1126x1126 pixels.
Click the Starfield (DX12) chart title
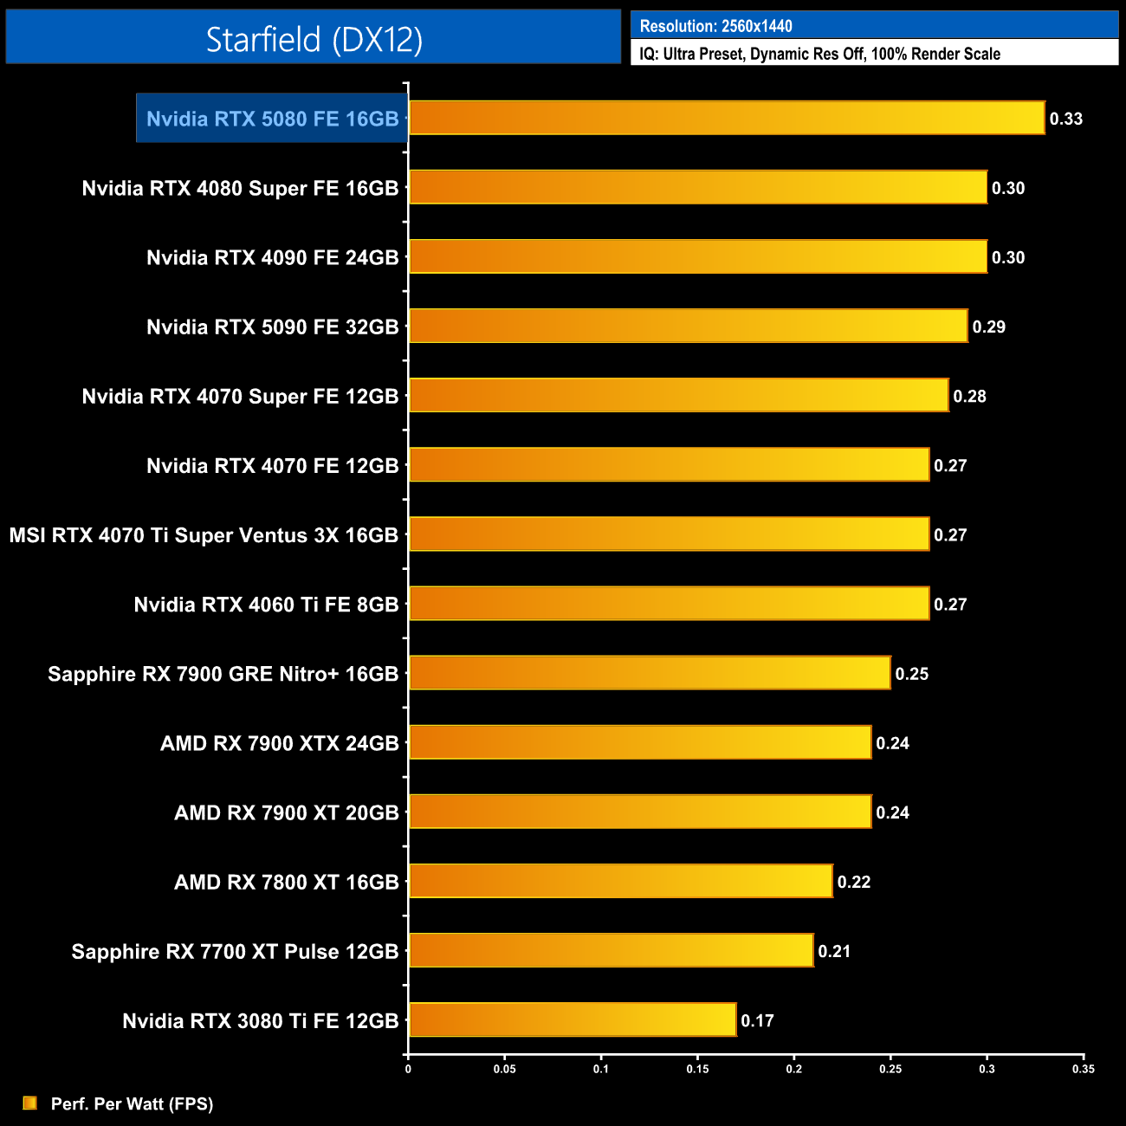(x=314, y=39)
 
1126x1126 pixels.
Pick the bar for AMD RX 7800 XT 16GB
(x=620, y=881)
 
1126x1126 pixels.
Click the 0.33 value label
(x=1065, y=119)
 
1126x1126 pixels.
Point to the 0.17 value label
(x=757, y=1020)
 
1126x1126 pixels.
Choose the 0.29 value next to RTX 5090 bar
(x=988, y=327)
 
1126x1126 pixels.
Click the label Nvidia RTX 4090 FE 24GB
(x=272, y=257)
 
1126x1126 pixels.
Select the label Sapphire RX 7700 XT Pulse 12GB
(x=235, y=951)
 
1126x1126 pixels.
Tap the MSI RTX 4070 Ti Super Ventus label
(x=204, y=535)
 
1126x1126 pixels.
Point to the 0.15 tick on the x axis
(x=697, y=1069)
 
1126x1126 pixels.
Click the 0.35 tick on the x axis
(x=1083, y=1069)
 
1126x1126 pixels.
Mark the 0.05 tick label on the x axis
(x=504, y=1069)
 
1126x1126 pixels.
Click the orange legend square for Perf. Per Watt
(x=30, y=1103)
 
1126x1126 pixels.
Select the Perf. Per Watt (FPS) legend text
(x=132, y=1103)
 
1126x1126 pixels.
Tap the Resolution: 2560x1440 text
(x=715, y=26)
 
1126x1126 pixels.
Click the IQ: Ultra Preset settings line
(x=819, y=54)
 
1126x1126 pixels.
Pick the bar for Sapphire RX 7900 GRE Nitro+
(x=650, y=673)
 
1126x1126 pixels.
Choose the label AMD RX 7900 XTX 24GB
(x=279, y=743)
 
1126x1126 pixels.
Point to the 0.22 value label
(x=853, y=882)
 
